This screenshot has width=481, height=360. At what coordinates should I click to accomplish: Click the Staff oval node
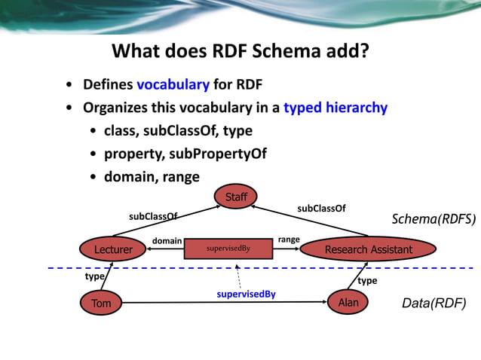click(236, 197)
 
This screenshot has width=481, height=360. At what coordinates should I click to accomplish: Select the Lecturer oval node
click(113, 249)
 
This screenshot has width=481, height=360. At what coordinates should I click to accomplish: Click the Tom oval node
click(101, 304)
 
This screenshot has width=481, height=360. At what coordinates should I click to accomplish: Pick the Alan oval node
click(348, 302)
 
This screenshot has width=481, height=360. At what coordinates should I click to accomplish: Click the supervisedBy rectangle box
click(228, 248)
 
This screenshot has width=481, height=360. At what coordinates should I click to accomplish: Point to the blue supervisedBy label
click(246, 294)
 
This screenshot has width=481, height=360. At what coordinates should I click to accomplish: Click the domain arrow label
click(167, 240)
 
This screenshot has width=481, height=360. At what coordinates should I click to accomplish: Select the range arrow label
click(289, 239)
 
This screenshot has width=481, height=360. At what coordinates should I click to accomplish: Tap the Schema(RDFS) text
click(434, 219)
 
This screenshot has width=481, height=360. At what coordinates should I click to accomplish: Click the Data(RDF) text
click(434, 304)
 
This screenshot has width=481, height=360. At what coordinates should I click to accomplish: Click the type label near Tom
click(94, 276)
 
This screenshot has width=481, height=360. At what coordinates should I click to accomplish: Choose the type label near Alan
click(367, 280)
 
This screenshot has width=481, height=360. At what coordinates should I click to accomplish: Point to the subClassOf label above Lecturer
click(153, 216)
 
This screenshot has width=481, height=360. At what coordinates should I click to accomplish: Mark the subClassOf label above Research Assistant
click(321, 208)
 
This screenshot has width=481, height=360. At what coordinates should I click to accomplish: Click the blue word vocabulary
click(173, 84)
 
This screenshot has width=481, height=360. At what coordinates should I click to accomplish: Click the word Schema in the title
click(281, 51)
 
